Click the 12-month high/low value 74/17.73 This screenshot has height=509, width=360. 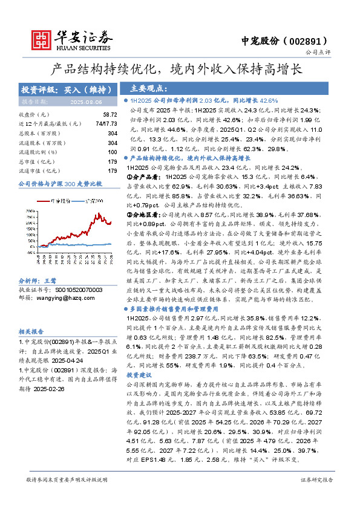click(106, 123)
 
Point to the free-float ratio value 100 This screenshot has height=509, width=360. click(112, 152)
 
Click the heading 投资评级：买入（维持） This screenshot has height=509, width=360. click(67, 89)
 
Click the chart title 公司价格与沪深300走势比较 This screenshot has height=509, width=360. click(61, 183)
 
